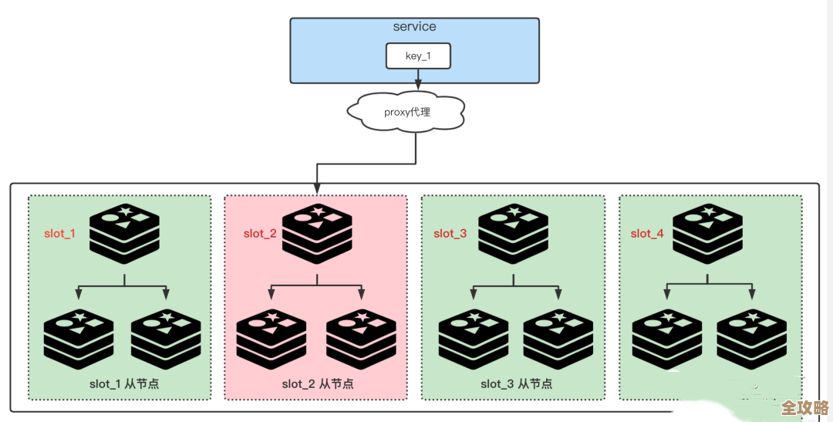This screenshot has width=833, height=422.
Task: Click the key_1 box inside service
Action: coord(417,56)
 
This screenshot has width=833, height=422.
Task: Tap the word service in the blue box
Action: coord(414,27)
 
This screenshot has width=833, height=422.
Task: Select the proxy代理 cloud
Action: coord(406,113)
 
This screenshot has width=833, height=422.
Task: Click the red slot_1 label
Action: coord(60,233)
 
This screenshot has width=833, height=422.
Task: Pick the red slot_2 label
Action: coord(260,234)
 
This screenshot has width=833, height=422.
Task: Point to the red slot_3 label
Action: coord(450,234)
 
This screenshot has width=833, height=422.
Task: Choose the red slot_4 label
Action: coord(647,234)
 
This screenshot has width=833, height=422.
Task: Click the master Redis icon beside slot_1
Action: coord(124,229)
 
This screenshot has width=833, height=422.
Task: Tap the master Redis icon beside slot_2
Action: coord(317,229)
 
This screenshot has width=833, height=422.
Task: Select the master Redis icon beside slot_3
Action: coord(513,229)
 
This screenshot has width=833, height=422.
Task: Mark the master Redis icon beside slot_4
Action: coord(707,229)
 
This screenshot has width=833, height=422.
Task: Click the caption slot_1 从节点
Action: coord(123,383)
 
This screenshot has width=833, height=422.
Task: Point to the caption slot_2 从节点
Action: coord(316,383)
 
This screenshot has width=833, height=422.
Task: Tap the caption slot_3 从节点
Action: coord(516,383)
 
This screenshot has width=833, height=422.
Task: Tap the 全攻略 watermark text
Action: coord(804,407)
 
